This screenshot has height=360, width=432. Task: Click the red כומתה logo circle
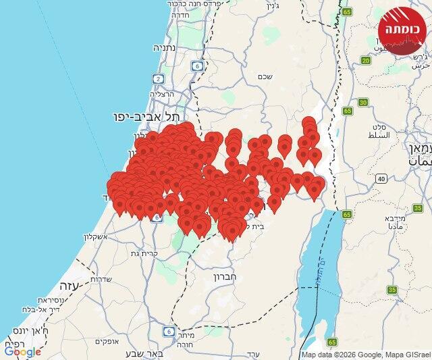point(402,30)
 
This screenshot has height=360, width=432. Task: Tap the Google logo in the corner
point(22,351)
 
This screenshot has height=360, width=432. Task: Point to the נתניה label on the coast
point(165,48)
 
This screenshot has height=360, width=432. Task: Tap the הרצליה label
point(162,95)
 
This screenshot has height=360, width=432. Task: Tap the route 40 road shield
point(381,178)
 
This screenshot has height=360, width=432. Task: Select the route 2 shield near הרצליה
point(158,79)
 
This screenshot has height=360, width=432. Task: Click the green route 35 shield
point(392,290)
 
